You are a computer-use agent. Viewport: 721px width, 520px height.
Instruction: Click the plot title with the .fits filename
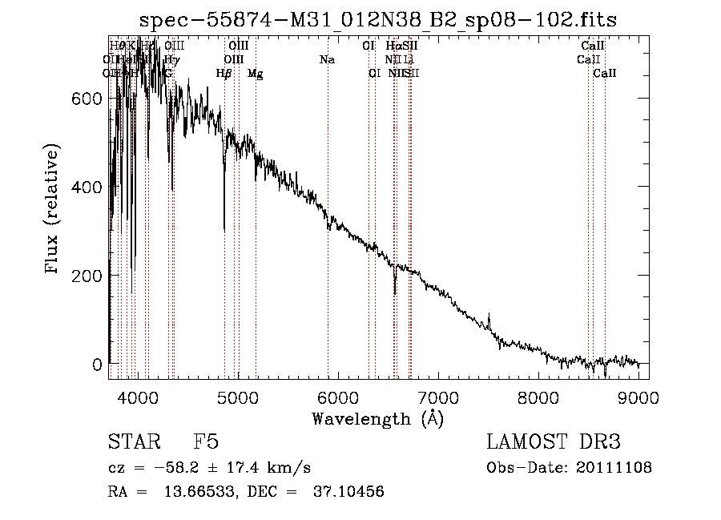point(377,20)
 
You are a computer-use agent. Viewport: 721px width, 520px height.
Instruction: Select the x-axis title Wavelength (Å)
point(377,418)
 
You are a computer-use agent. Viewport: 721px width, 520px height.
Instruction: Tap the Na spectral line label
point(327,59)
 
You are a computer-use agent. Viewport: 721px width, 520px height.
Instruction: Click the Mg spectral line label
point(255,74)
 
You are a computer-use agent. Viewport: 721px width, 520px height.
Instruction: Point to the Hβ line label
point(224,74)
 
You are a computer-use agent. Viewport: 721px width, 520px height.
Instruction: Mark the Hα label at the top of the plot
point(393,46)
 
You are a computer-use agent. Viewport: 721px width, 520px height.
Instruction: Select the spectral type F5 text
point(206,442)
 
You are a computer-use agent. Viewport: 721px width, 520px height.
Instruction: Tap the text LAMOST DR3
point(554,442)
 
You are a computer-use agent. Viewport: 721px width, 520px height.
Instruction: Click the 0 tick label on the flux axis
point(96,365)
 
